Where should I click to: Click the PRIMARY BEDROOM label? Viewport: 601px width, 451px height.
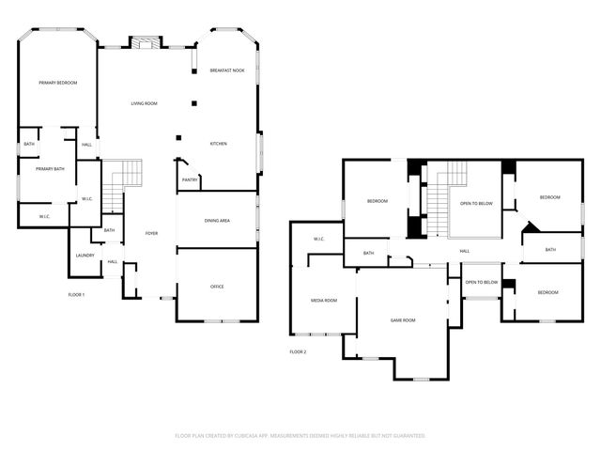[57, 84]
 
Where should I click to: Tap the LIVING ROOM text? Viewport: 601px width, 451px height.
[144, 102]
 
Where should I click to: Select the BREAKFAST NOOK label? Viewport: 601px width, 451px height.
[226, 71]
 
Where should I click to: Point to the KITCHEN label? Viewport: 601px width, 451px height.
[218, 144]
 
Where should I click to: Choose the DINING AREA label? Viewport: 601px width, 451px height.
[217, 220]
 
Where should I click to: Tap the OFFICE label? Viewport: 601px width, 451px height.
[217, 286]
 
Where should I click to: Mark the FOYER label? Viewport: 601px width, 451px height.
[151, 233]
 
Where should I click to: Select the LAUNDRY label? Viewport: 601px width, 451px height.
[85, 256]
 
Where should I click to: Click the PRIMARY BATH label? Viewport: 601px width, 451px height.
[50, 169]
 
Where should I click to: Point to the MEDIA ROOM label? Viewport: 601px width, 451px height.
[324, 301]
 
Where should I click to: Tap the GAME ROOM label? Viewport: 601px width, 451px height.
[403, 320]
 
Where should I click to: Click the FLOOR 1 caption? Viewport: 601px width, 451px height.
[76, 295]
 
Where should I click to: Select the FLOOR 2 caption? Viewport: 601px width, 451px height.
[298, 351]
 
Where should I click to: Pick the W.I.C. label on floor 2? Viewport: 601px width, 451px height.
[317, 239]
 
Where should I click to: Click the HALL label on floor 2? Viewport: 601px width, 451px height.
[464, 252]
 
